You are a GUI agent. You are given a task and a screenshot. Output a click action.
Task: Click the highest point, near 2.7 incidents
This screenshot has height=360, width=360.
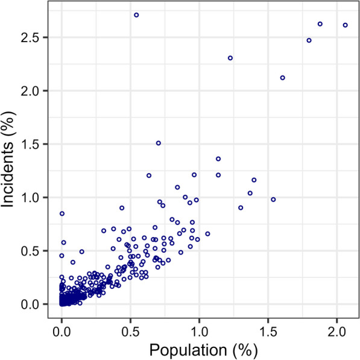point(136,14)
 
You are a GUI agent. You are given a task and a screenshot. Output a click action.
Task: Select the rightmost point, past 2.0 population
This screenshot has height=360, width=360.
point(345,25)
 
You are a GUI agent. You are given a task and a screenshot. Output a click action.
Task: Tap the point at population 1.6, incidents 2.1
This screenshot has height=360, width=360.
point(282,78)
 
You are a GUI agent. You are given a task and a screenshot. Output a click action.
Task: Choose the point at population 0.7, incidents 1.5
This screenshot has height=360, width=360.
point(159,143)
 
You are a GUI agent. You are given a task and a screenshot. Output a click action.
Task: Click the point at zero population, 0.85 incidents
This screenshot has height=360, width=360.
point(62,213)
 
